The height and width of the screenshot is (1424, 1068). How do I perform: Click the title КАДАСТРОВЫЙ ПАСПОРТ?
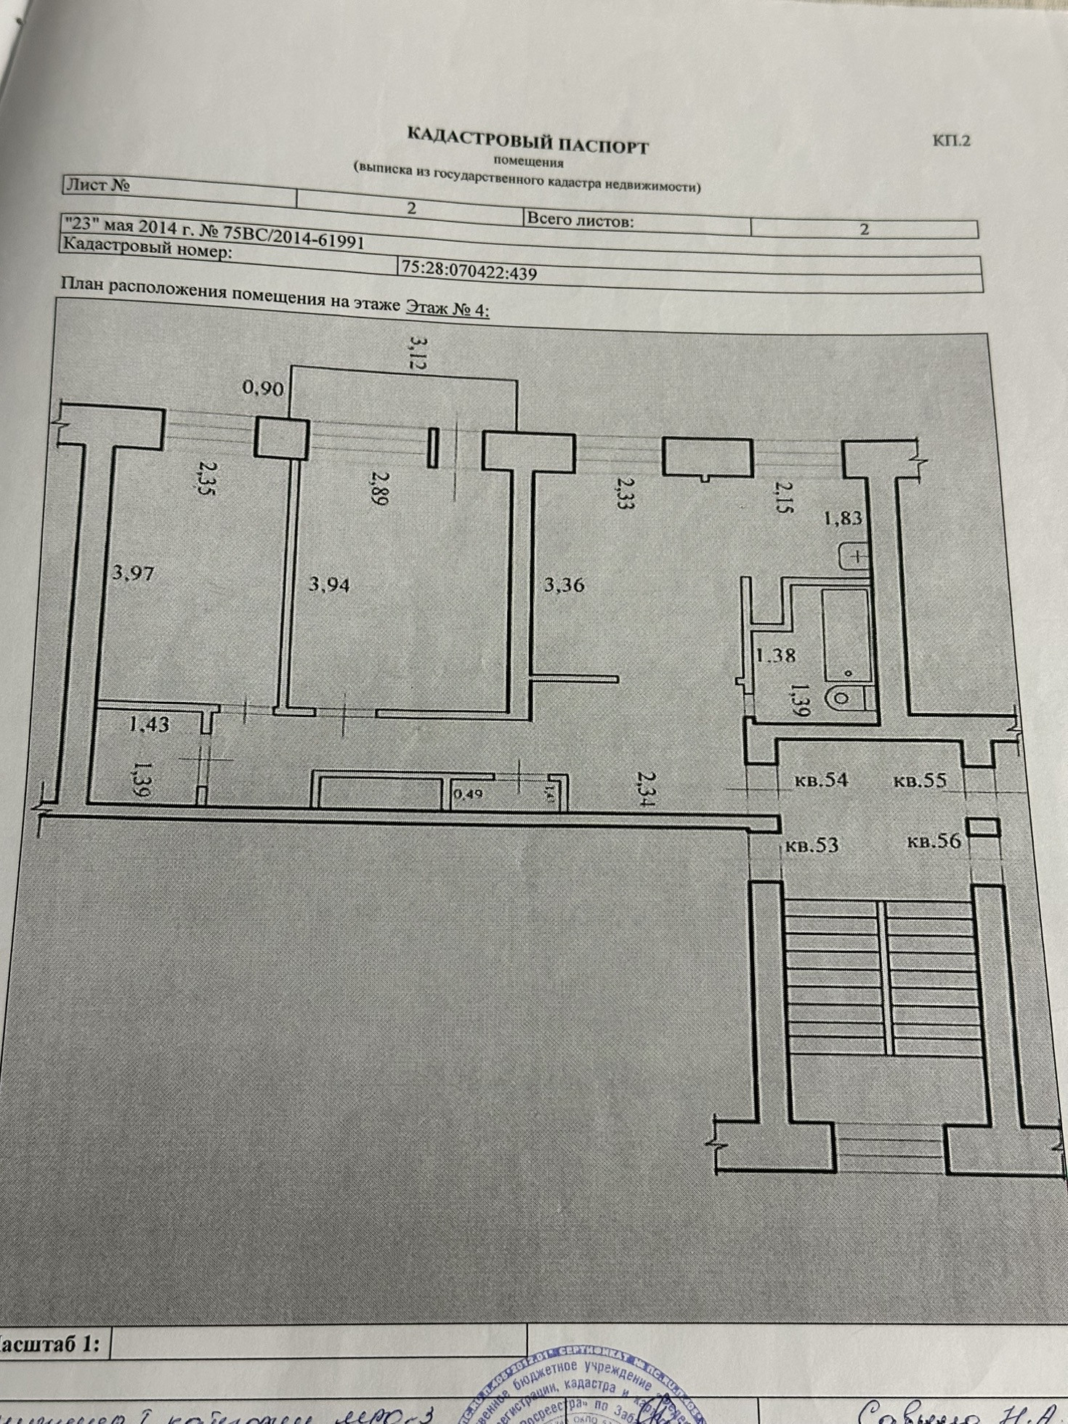527,140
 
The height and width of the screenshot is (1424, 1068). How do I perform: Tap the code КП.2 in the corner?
951,140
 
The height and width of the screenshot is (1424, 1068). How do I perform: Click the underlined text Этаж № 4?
445,308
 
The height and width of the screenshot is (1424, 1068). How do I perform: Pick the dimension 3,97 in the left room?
134,574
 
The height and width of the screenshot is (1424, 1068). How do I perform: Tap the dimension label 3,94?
328,583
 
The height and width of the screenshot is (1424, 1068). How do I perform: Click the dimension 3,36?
564,584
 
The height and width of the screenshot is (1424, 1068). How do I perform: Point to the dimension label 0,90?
262,389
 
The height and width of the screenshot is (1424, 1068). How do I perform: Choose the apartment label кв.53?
812,845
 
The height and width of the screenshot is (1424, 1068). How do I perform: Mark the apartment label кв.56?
934,841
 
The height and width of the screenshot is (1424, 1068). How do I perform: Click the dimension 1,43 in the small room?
149,724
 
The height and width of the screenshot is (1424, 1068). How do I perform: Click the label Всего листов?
580,220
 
